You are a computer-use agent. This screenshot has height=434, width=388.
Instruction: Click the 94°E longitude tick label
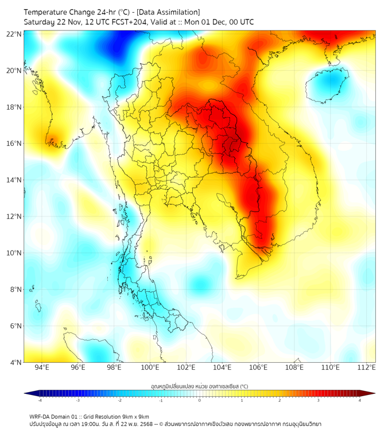[x=42, y=367]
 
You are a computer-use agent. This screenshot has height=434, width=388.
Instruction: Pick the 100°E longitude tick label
[x=150, y=367]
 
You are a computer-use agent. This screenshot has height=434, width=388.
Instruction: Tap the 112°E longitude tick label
[x=366, y=367]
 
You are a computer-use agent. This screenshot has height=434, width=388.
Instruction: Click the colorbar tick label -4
[x=40, y=401]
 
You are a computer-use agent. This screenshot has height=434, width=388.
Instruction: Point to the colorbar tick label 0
[x=200, y=401]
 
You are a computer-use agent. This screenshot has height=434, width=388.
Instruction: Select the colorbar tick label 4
[x=360, y=401]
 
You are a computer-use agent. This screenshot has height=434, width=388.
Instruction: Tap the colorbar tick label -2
[x=119, y=401]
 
